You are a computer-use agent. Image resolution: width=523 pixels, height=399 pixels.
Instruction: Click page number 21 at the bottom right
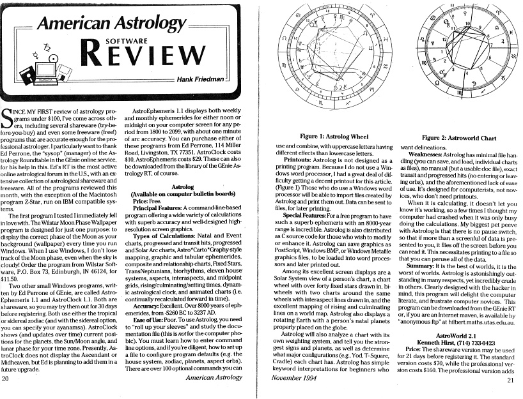pos(510,380)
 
